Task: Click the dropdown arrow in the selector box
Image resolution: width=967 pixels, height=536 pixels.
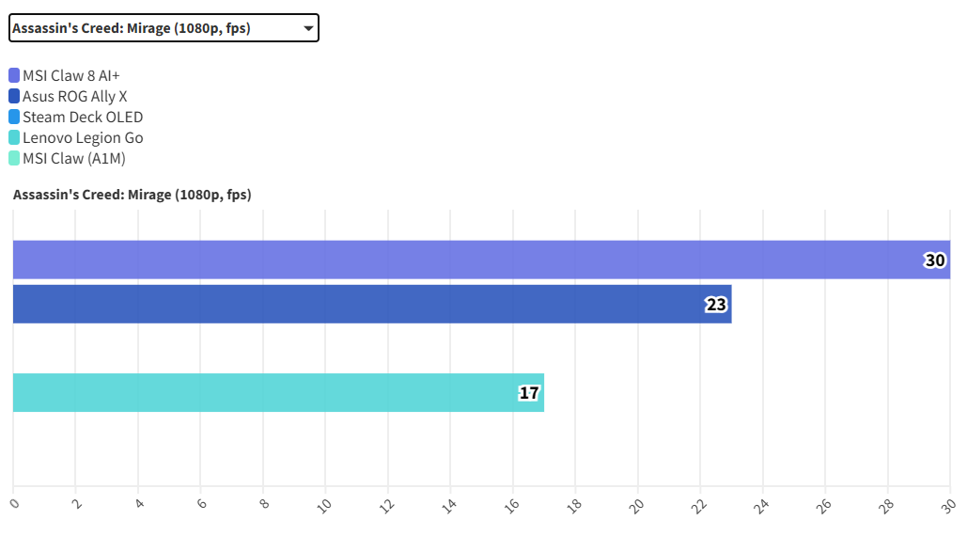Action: pyautogui.click(x=308, y=28)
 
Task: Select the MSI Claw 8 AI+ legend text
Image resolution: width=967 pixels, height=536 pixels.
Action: pyautogui.click(x=71, y=75)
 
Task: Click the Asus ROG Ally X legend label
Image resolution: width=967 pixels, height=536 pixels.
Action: pyautogui.click(x=74, y=96)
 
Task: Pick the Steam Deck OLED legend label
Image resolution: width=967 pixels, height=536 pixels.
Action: pyautogui.click(x=83, y=117)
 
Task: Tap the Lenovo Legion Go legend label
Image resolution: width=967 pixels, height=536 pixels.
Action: pyautogui.click(x=83, y=137)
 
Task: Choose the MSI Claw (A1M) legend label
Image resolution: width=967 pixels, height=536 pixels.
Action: pyautogui.click(x=73, y=158)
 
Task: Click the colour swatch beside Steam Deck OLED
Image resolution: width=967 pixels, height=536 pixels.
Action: pyautogui.click(x=14, y=117)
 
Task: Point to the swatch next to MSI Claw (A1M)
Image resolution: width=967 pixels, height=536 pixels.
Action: pyautogui.click(x=14, y=158)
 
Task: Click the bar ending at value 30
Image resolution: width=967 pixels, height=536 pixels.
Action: pyautogui.click(x=470, y=260)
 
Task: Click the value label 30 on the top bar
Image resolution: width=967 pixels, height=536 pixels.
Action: pyautogui.click(x=935, y=260)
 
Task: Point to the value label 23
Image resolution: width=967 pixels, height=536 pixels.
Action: pyautogui.click(x=716, y=305)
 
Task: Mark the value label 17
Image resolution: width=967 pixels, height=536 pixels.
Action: pyautogui.click(x=529, y=392)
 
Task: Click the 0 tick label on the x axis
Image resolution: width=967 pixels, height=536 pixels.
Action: pyautogui.click(x=14, y=503)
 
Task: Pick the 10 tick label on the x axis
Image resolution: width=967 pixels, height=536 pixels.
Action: pyautogui.click(x=324, y=505)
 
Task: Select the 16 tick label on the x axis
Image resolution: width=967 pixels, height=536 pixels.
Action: pyautogui.click(x=512, y=505)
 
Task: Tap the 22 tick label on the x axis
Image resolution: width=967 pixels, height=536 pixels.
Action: pyautogui.click(x=699, y=505)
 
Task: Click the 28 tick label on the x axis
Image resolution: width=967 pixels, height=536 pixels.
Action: pyautogui.click(x=887, y=505)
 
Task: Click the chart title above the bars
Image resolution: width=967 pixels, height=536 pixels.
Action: pyautogui.click(x=132, y=195)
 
